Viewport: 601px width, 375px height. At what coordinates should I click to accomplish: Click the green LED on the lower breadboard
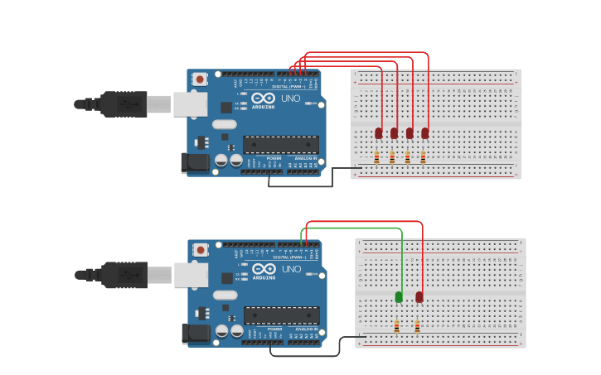[x=399, y=296]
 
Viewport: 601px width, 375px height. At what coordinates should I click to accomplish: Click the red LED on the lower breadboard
[x=419, y=296]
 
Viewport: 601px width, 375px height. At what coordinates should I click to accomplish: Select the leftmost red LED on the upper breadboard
[x=379, y=132]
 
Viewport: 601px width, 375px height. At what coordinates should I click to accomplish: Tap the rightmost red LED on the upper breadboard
[x=425, y=132]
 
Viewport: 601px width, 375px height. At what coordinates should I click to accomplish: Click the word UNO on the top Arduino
[x=291, y=99]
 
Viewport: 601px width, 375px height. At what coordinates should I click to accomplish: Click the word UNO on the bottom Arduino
[x=291, y=269]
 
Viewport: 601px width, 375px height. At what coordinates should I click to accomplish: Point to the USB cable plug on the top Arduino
[x=124, y=104]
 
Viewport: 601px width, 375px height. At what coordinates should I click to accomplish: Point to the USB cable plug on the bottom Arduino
[x=124, y=275]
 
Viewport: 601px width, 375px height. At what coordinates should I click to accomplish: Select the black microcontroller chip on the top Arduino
[x=280, y=145]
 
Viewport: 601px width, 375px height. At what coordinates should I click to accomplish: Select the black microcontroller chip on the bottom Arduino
[x=280, y=315]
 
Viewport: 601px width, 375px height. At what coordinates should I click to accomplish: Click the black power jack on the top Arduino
[x=196, y=162]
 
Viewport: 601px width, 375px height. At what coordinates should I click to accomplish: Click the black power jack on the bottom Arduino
[x=196, y=333]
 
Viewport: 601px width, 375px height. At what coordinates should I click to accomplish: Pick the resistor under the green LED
[x=396, y=326]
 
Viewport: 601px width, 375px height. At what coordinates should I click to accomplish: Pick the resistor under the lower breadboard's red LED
[x=417, y=326]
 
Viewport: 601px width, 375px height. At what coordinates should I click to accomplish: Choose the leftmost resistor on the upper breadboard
[x=376, y=157]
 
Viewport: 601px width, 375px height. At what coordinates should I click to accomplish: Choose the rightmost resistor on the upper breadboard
[x=423, y=157]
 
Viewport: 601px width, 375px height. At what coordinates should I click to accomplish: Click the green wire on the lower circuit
[x=356, y=228]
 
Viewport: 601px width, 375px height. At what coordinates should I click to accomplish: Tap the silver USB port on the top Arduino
[x=190, y=103]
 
